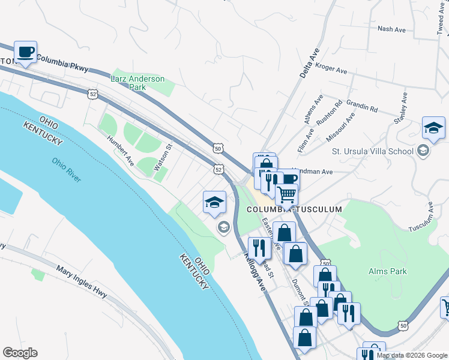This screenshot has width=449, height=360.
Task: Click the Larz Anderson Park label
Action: click(x=137, y=83)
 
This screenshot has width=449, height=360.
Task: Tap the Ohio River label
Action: click(x=66, y=170)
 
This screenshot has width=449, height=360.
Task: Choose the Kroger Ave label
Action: click(x=331, y=70)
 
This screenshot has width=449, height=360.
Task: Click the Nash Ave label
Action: click(x=393, y=28)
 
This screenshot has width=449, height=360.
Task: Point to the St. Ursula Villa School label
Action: click(x=376, y=151)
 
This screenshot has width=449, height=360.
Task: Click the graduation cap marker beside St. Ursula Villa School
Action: click(x=433, y=127)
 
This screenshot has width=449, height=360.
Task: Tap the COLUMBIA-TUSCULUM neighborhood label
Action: click(x=294, y=209)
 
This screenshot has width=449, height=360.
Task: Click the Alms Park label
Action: click(x=387, y=271)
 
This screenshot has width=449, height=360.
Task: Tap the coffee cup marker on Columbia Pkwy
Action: click(x=25, y=52)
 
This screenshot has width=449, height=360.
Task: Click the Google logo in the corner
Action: click(x=20, y=353)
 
